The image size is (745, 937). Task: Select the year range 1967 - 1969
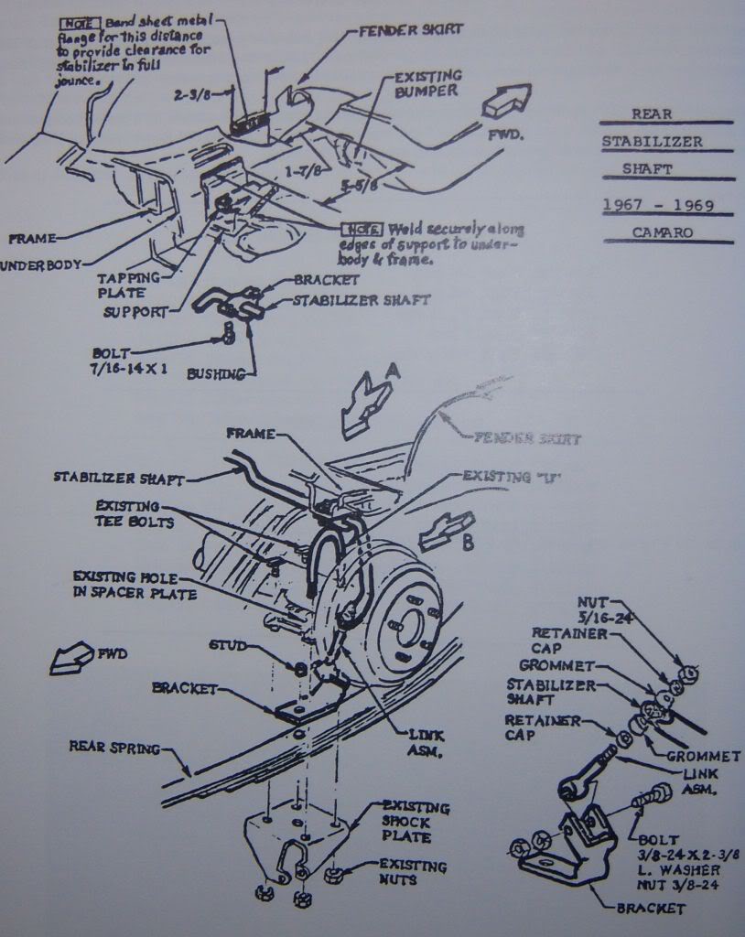click(658, 205)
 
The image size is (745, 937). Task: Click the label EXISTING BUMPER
click(426, 85)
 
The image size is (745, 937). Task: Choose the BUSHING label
click(215, 373)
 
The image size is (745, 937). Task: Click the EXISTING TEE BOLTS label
click(126, 515)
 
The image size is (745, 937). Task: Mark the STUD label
click(227, 645)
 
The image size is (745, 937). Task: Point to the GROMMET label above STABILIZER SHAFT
click(556, 665)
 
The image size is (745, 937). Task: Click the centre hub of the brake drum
click(409, 628)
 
